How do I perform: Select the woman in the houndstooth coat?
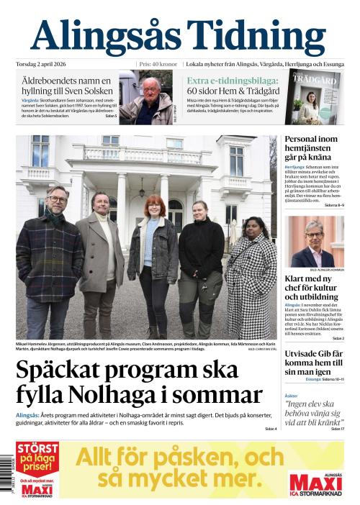coord(250,273)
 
